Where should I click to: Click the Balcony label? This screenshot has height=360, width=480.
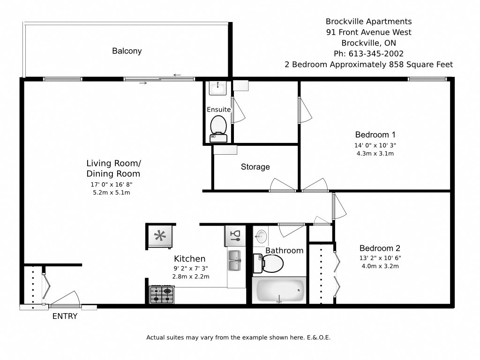point(127,51)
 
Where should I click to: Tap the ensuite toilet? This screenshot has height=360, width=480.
point(218,127)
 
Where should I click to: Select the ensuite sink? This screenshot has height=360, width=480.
point(217,87)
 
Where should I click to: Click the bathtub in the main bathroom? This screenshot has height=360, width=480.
point(279,291)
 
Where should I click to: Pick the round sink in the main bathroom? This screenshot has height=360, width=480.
point(262,235)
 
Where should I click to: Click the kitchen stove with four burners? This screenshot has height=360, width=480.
point(161,295)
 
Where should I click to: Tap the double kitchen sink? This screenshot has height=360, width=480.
point(234,261)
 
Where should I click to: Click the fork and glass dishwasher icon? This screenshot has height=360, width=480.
point(235,236)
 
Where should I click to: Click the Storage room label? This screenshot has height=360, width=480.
point(255,167)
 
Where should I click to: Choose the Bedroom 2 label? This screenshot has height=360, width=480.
point(380,248)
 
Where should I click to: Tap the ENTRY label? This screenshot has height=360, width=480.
point(65,316)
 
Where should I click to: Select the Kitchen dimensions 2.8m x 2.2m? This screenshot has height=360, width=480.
point(190,277)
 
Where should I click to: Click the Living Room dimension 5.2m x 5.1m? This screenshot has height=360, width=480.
point(111,192)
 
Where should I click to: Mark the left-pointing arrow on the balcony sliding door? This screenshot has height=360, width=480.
point(177,75)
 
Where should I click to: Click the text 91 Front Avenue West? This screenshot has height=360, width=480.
point(368,32)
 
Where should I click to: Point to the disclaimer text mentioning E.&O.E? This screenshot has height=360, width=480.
point(239,337)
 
